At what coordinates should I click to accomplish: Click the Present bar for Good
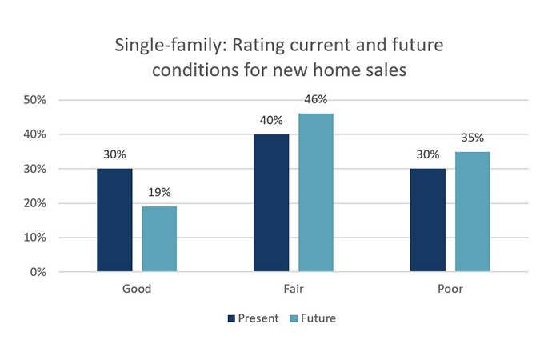coord(114,220)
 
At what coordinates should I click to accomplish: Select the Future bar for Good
coord(159,239)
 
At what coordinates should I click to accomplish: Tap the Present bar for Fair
coord(271,203)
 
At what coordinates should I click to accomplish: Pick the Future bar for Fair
coord(316,193)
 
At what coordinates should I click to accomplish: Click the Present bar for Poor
coord(428,220)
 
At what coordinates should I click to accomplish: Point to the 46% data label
coord(316,100)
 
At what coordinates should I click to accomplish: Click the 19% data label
coord(159,193)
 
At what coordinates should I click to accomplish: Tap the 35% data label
coord(472,138)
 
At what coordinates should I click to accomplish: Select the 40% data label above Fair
coord(271,121)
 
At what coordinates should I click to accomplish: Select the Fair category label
coord(294,289)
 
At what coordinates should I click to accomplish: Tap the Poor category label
coord(450,289)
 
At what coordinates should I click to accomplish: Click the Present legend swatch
coord(232,318)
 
